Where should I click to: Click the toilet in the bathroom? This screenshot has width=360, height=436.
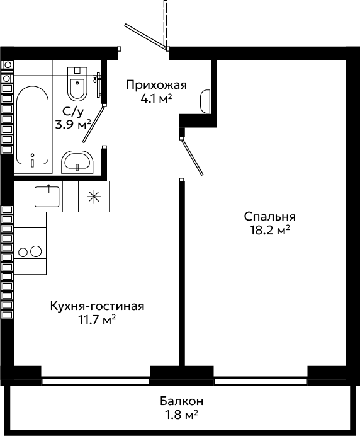77,83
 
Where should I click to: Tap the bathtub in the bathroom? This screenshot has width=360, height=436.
33,125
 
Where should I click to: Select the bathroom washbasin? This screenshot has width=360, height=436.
77,162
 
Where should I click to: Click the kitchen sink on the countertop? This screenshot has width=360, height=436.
47,197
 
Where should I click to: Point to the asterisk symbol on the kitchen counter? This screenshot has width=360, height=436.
94,197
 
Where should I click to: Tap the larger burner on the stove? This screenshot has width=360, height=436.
36,251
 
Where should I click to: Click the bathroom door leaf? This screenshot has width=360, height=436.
93,123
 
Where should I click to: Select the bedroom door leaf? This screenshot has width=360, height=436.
192,156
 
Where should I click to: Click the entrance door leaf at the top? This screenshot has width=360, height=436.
146,37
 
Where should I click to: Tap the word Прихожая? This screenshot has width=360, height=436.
156,85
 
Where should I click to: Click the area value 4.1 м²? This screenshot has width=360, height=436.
156,98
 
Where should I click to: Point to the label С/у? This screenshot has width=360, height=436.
73,112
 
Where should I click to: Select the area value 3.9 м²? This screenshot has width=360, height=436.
73,125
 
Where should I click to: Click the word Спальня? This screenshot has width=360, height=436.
270,216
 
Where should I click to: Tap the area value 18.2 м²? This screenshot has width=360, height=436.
270,230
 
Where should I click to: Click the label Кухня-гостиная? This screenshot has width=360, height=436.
97,306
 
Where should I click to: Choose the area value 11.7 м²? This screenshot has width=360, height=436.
97,319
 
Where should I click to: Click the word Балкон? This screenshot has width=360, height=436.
181,401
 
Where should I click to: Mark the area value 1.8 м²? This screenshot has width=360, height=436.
181,415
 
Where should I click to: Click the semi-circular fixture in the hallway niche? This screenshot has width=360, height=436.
205,101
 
